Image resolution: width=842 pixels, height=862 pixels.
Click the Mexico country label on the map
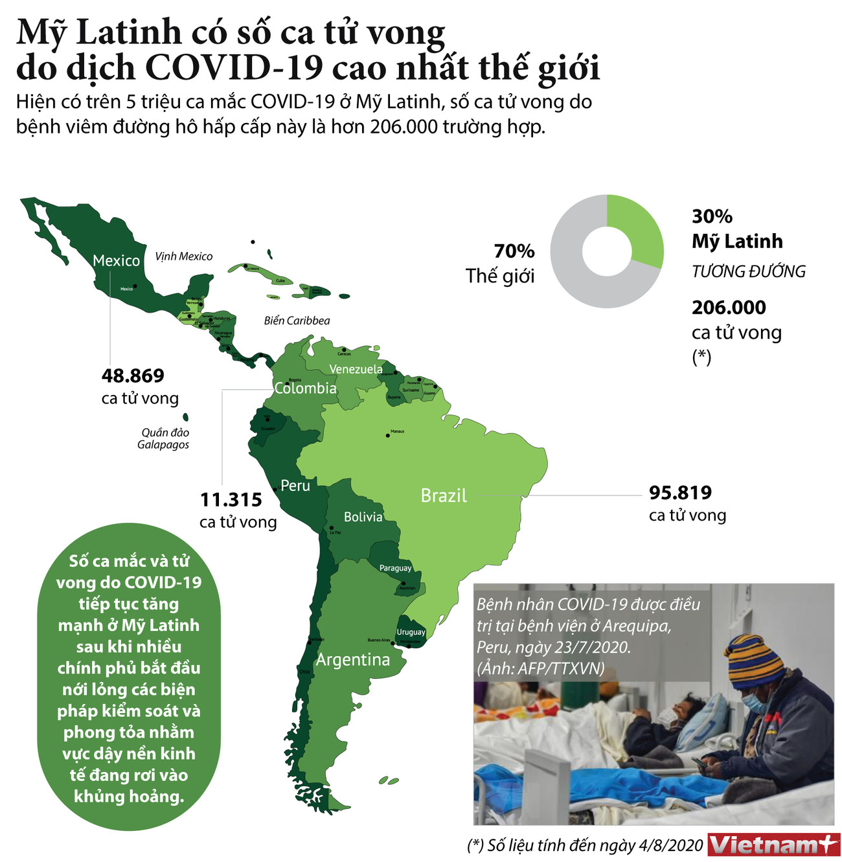pyautogui.click(x=116, y=260)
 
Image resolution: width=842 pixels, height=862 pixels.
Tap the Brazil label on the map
pyautogui.click(x=444, y=495)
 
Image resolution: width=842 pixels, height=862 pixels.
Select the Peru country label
pyautogui.click(x=295, y=486)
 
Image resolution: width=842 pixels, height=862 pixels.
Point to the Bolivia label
pyautogui.click(x=363, y=517)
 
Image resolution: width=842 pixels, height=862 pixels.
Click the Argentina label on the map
pyautogui.click(x=353, y=659)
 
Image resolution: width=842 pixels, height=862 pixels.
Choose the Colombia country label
pyautogui.click(x=305, y=388)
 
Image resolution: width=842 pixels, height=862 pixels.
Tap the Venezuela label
pyautogui.click(x=356, y=369)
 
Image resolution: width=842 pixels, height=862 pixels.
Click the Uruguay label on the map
pyautogui.click(x=411, y=632)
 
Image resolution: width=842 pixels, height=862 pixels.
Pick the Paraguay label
pyautogui.click(x=395, y=568)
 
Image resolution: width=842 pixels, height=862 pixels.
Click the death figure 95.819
pyautogui.click(x=680, y=493)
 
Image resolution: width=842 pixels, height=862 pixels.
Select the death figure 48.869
pyautogui.click(x=133, y=376)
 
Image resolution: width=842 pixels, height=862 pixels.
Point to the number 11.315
pyautogui.click(x=231, y=500)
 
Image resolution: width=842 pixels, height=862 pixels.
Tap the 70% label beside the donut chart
pyautogui.click(x=514, y=251)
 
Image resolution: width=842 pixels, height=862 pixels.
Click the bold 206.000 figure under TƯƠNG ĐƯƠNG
pyautogui.click(x=729, y=308)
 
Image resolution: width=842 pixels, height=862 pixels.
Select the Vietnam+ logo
pyautogui.click(x=773, y=845)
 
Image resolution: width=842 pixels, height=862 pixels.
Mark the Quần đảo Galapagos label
pyautogui.click(x=164, y=438)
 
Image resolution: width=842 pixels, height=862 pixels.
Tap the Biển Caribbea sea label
pyautogui.click(x=297, y=321)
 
